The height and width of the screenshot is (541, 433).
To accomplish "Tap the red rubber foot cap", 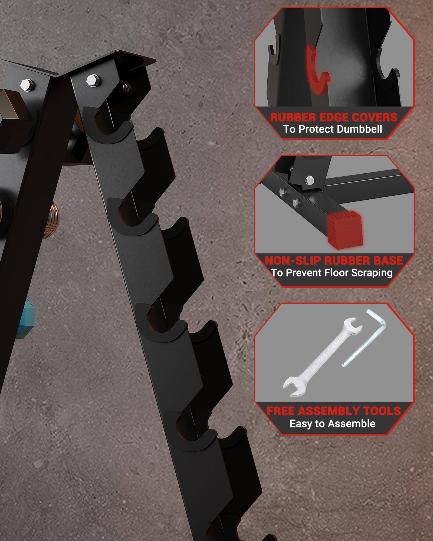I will pyautogui.click(x=344, y=227).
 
